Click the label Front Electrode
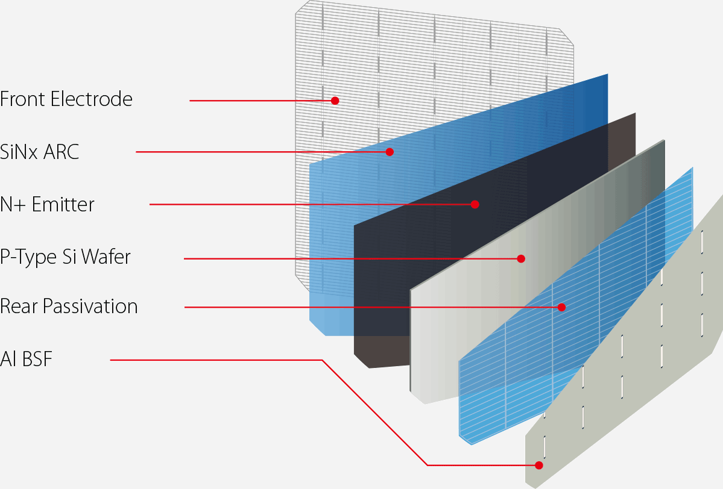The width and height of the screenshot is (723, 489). coord(66,99)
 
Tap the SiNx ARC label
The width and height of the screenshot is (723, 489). coord(40,152)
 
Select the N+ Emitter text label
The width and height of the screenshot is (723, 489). coord(48,205)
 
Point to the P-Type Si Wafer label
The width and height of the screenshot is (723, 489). coord(65,258)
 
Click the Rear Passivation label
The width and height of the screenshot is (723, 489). coord(69,307)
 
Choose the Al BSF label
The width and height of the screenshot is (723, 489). coord(27,360)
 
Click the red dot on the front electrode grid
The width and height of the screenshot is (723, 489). coord(335,101)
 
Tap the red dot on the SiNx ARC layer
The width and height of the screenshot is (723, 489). coord(390,151)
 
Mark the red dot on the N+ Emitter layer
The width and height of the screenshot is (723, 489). coord(475,204)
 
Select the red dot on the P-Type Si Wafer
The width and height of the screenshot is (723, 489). coord(521,258)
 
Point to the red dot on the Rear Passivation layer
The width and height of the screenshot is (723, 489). coord(561,307)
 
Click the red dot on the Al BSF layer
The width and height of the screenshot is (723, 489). coord(539,465)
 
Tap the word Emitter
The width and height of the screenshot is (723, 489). coord(63,205)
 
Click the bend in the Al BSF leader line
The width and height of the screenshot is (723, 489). coord(323,360)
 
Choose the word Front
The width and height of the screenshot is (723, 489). coord(22,99)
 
